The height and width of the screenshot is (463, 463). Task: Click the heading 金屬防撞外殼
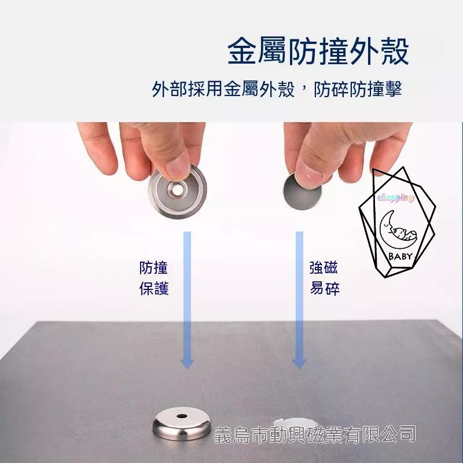click(318, 51)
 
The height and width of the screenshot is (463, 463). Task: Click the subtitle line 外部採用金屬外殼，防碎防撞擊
click(277, 89)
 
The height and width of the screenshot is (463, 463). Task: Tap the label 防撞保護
click(154, 278)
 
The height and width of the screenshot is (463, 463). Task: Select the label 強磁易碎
click(324, 278)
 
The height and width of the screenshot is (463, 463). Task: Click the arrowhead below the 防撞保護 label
click(187, 364)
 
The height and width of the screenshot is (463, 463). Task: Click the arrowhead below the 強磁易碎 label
click(299, 364)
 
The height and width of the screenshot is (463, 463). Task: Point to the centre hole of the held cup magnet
click(178, 190)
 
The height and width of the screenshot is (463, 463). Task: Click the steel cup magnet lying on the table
click(182, 424)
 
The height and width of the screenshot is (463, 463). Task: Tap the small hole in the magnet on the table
click(182, 416)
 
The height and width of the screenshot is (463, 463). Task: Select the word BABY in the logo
click(400, 256)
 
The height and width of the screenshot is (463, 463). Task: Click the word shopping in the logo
click(395, 197)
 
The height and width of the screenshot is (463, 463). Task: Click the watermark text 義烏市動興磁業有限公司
click(315, 435)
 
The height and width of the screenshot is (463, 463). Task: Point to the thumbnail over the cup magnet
click(177, 167)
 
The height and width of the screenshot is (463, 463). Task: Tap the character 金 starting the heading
click(242, 51)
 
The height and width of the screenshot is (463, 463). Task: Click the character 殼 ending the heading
click(395, 51)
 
